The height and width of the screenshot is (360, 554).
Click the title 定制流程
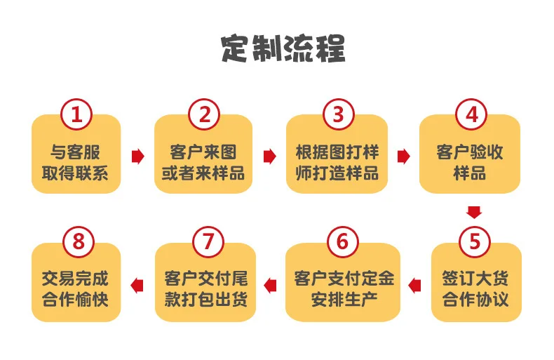pyautogui.click(x=283, y=48)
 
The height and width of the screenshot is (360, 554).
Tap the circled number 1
pyautogui.click(x=76, y=114)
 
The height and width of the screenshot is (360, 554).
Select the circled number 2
pyautogui.click(x=204, y=114)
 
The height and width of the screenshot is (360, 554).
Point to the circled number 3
pyautogui.click(x=338, y=114)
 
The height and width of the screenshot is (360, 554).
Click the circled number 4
pyautogui.click(x=471, y=114)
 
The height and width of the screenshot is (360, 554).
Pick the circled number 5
pyautogui.click(x=475, y=242)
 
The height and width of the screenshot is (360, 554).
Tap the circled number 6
pyautogui.click(x=342, y=242)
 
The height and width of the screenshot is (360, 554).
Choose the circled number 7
pyautogui.click(x=208, y=242)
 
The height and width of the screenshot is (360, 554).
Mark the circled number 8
pyautogui.click(x=79, y=242)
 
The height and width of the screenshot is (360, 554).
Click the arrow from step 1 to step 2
pyautogui.click(x=137, y=156)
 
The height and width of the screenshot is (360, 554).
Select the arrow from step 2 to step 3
pyautogui.click(x=269, y=156)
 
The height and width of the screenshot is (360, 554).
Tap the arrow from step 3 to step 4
pyautogui.click(x=403, y=156)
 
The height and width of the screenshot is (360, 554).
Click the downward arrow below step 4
pyautogui.click(x=474, y=212)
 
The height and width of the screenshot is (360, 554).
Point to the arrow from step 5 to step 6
pyautogui.click(x=414, y=286)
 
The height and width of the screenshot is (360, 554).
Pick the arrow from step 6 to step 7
pyautogui.click(x=270, y=286)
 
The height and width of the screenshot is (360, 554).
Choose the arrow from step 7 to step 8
pyautogui.click(x=137, y=286)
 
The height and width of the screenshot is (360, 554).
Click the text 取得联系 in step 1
pyautogui.click(x=75, y=173)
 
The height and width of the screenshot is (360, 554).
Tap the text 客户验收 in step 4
pyautogui.click(x=470, y=152)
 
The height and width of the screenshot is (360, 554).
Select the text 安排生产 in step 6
pyautogui.click(x=344, y=300)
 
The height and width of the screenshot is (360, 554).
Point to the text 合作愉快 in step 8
pyautogui.click(x=75, y=300)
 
